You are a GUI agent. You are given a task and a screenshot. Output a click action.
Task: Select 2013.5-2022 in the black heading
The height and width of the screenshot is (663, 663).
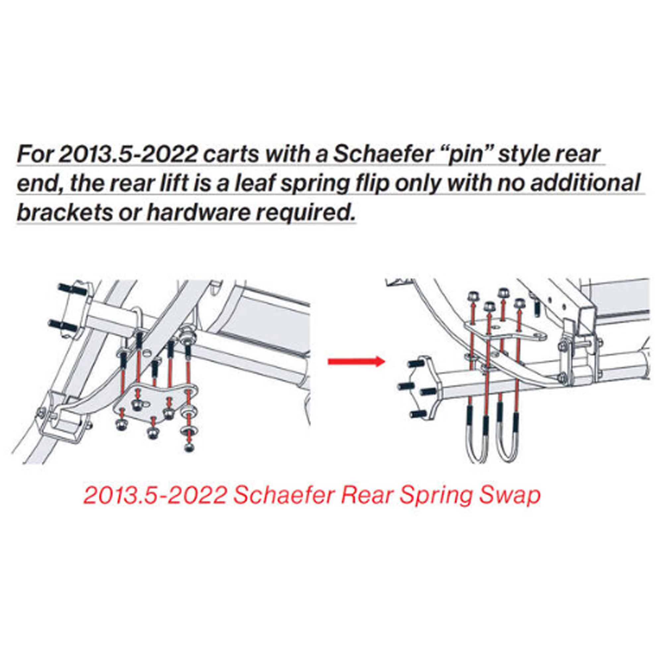pyautogui.click(x=127, y=155)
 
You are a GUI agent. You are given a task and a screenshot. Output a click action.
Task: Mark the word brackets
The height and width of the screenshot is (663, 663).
pyautogui.click(x=65, y=213)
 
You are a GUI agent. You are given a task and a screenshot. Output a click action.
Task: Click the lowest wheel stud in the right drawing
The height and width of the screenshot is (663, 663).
pyautogui.click(x=418, y=413)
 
